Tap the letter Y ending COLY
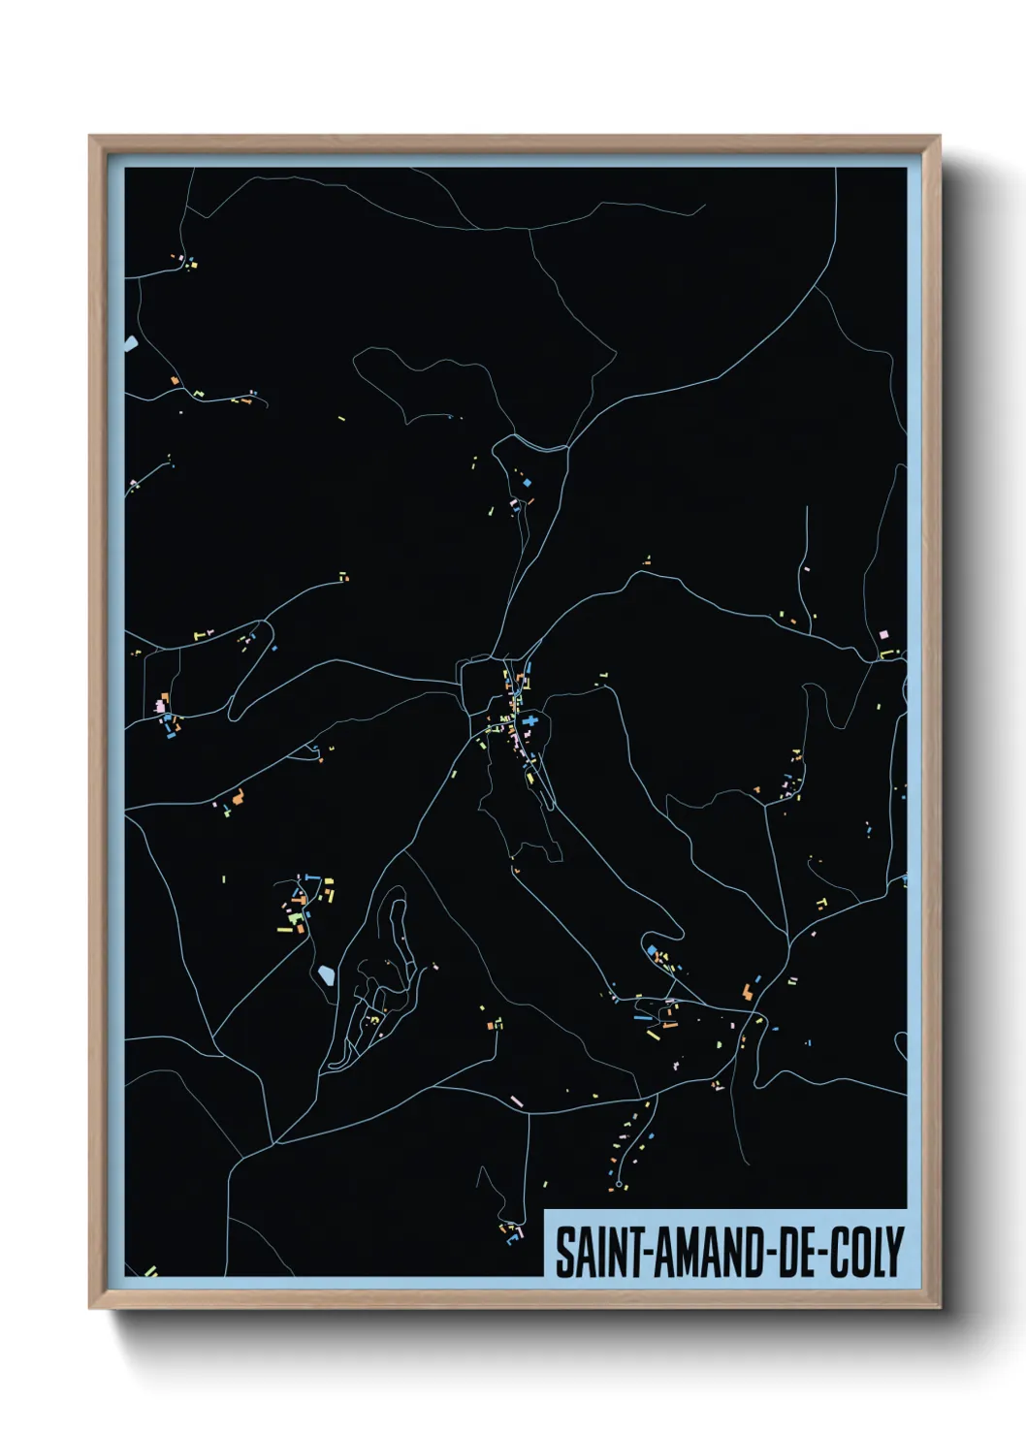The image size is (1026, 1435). point(893,1252)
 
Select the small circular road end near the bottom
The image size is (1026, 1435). point(619,1184)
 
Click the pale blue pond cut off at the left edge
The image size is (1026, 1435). point(130,343)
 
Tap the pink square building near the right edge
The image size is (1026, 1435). point(882,634)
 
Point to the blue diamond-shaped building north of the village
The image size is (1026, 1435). point(528,482)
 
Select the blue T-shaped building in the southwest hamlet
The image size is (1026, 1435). point(310,877)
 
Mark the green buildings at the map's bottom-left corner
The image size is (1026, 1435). point(150,1270)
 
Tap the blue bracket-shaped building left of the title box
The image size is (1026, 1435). point(515,1235)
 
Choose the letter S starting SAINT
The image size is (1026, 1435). point(562,1252)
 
